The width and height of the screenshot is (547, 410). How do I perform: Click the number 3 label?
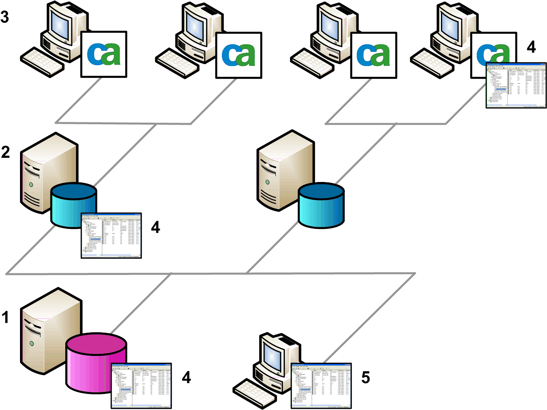[x=5, y=17]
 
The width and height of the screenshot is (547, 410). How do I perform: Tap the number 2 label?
[x=5, y=152]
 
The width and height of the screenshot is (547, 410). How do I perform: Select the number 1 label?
[x=5, y=317]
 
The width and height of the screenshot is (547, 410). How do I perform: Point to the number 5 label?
[x=365, y=378]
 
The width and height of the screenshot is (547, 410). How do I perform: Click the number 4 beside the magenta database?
[x=186, y=378]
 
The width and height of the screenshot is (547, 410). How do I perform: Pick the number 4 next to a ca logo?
[x=531, y=47]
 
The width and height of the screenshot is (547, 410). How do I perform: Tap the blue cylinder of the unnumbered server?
[x=321, y=205]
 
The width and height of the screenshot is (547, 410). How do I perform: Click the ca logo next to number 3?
[x=104, y=55]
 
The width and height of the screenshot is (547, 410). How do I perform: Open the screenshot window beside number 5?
[x=321, y=386]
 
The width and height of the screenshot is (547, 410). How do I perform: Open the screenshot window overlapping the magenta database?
[x=141, y=386]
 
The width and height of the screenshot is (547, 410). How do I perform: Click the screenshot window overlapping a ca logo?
[x=516, y=85]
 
